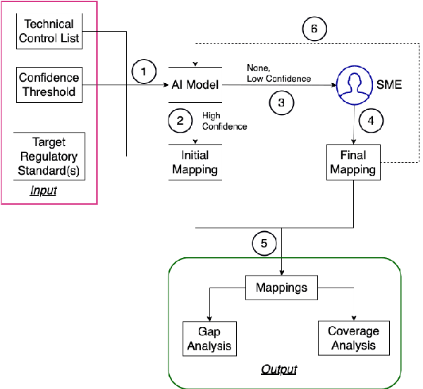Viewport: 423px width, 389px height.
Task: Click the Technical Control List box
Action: point(49,31)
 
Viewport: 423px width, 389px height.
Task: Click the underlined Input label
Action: point(44,191)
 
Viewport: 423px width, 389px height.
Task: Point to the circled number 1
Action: point(145,71)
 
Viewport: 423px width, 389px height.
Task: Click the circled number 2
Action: point(180,121)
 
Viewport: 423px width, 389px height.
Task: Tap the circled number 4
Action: point(372,120)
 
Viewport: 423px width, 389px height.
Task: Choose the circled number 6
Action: point(314,29)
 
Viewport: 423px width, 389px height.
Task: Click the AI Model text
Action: point(195,85)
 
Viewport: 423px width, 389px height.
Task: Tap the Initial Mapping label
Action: point(195,163)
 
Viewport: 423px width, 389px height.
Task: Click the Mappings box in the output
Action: point(281,288)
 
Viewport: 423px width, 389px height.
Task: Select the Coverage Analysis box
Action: point(353,338)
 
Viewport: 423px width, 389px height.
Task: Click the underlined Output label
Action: point(278,369)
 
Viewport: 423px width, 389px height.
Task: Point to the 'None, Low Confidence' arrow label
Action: point(278,74)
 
